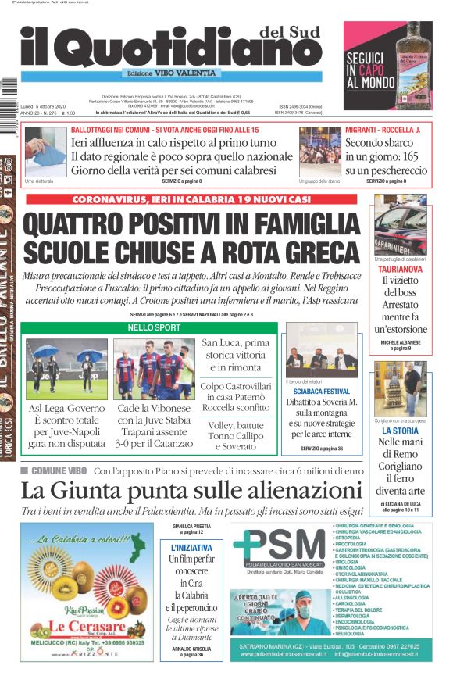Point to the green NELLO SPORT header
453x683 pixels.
pos(154,327)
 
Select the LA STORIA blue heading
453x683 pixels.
pos(400,431)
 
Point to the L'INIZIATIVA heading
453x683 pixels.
pos(191,548)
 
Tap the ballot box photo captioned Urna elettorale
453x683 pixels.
pos(45,151)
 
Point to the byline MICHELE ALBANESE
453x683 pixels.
pos(400,342)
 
